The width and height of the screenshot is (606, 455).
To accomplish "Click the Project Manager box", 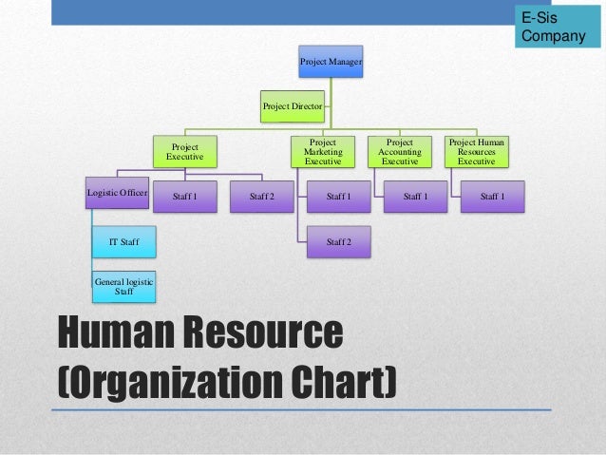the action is [x=331, y=63].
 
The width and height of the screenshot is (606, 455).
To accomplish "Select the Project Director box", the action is [x=293, y=107].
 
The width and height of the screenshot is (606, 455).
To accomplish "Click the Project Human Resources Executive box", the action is [x=476, y=152].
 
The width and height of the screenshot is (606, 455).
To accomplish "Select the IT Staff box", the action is [x=123, y=242].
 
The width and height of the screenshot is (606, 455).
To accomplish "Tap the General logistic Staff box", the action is [x=123, y=286].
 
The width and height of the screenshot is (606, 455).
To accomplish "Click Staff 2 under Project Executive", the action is [x=262, y=197].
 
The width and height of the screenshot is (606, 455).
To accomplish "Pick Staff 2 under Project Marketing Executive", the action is [x=339, y=242].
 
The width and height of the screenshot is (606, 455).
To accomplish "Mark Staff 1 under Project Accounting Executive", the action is [x=415, y=197].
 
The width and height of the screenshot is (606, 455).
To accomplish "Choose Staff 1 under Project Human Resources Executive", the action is [x=492, y=197].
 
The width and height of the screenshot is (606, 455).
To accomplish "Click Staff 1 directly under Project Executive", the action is [x=185, y=197].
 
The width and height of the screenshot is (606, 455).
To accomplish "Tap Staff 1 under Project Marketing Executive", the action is [x=339, y=197].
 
